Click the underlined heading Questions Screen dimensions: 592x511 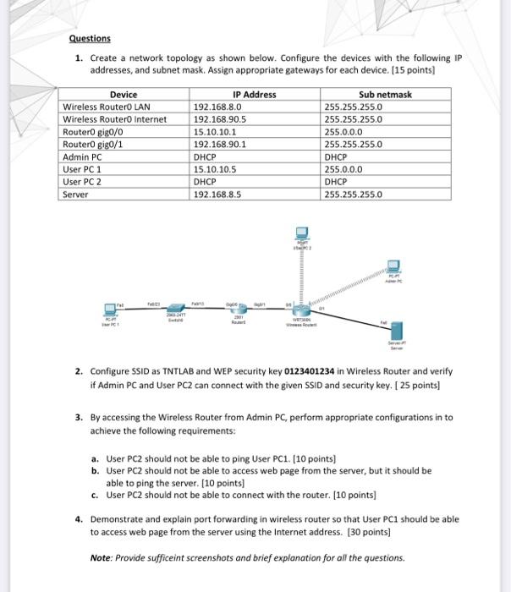pyautogui.click(x=91, y=39)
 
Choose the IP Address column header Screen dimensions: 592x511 pyautogui.click(x=254, y=95)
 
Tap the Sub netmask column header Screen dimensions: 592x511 pyautogui.click(x=385, y=95)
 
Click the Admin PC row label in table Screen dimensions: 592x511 pyautogui.click(x=83, y=157)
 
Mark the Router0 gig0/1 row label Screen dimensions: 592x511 pyautogui.click(x=93, y=145)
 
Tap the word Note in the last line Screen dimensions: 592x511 pyautogui.click(x=102, y=557)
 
